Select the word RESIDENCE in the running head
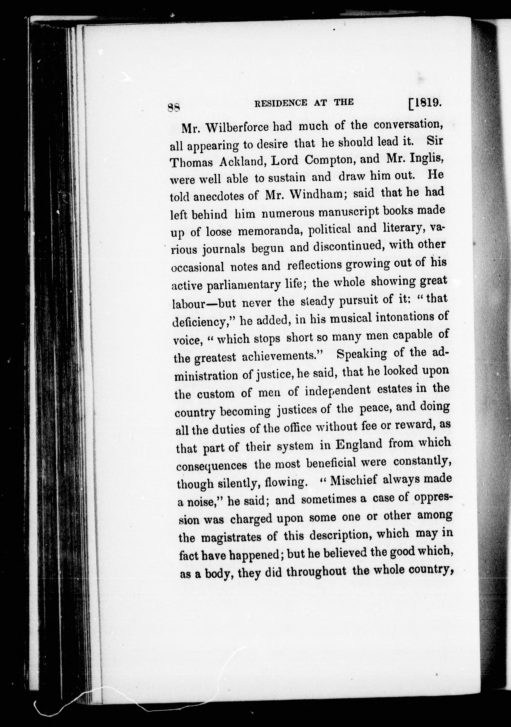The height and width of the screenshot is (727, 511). (x=281, y=103)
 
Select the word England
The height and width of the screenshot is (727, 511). (x=359, y=444)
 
